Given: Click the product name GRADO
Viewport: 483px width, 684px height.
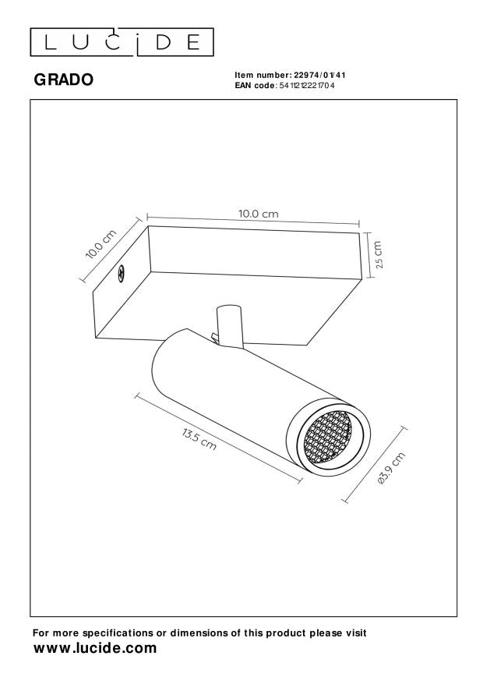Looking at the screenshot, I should (63, 79).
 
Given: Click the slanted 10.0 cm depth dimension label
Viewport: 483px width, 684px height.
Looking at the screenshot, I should (102, 244).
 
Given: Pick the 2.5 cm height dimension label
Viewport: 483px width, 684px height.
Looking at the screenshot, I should (378, 253).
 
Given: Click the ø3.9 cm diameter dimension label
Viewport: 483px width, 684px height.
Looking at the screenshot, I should (389, 470).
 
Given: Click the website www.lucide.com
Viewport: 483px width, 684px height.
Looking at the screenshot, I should (94, 649).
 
